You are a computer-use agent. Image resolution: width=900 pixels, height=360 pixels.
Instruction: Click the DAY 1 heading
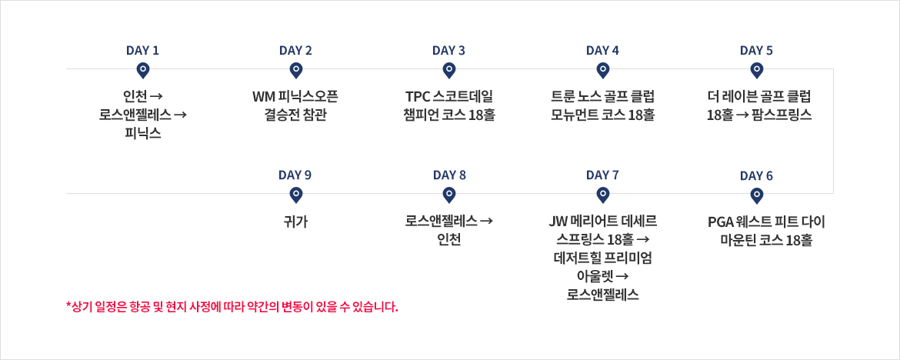[x=142, y=51]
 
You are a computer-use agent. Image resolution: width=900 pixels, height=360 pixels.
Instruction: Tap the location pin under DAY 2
[x=296, y=71]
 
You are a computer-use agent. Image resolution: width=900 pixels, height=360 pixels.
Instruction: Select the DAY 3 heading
[x=449, y=51]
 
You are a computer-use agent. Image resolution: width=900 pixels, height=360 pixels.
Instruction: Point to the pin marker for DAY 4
[x=602, y=71]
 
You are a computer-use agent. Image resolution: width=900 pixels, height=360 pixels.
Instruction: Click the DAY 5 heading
[x=756, y=51]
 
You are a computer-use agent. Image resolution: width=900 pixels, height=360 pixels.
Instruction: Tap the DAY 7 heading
[x=602, y=175]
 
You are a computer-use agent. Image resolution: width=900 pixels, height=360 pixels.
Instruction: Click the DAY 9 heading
[x=295, y=175]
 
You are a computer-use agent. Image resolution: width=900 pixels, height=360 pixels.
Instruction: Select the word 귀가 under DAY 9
[x=296, y=222]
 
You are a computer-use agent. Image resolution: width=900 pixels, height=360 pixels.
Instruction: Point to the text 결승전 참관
[x=296, y=115]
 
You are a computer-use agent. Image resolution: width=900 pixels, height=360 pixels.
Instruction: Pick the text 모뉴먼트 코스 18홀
[x=602, y=115]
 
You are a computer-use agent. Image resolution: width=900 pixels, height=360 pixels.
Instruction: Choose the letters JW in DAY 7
[x=557, y=222]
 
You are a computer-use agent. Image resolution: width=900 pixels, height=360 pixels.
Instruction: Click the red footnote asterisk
[x=69, y=305]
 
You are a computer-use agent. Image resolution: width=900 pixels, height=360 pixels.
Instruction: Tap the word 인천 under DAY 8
[x=449, y=239]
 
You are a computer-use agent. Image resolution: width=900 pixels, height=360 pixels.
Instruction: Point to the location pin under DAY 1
[x=143, y=71]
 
